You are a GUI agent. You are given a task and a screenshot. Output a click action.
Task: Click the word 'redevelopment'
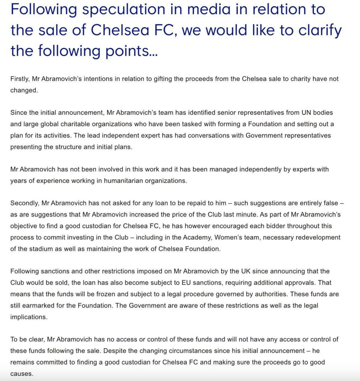(x=317, y=237)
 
